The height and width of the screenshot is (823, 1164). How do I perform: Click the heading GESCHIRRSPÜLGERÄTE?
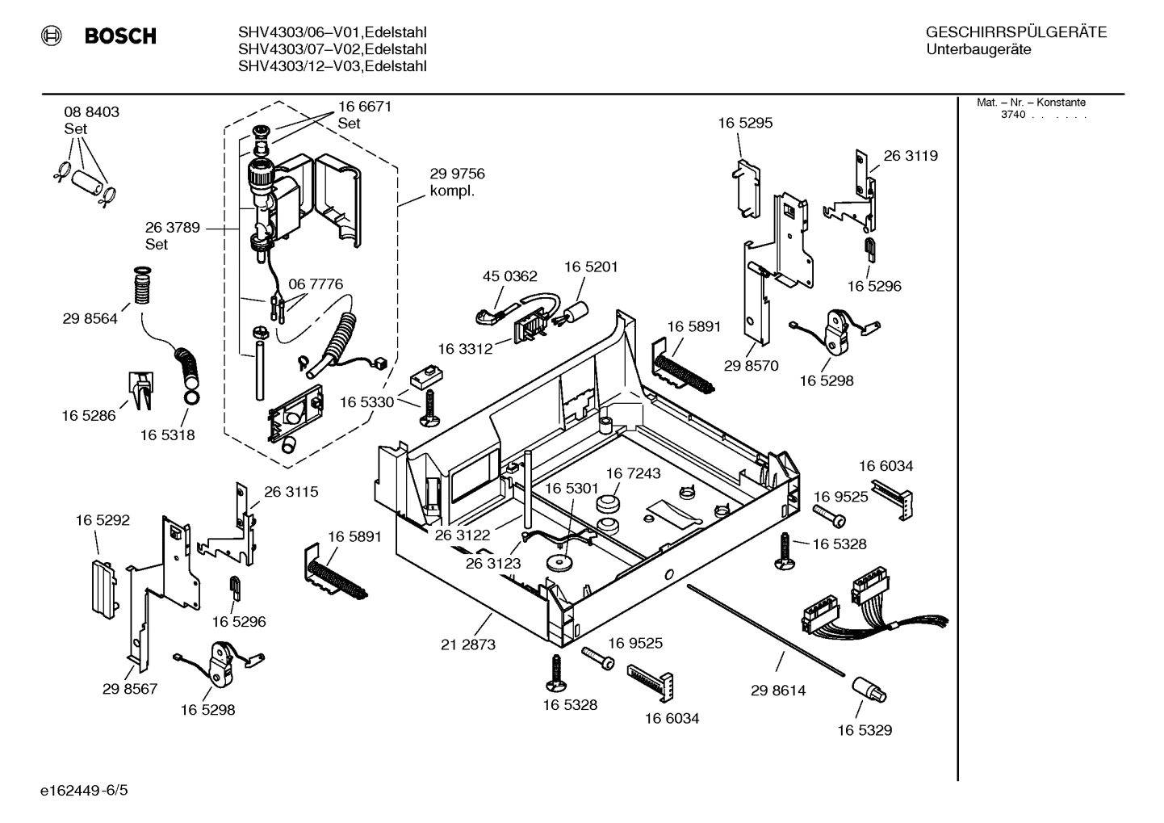(1015, 32)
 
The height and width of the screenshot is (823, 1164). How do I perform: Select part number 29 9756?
(457, 174)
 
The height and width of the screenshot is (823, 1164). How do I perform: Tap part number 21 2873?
(468, 645)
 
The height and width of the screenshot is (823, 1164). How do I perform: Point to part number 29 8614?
(778, 691)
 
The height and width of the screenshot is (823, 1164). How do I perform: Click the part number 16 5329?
(864, 730)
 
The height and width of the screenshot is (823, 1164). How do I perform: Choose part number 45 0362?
(509, 276)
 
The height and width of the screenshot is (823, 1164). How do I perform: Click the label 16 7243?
(633, 473)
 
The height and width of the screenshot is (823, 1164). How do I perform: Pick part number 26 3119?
(911, 156)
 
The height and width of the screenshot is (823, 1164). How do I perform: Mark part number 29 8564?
(90, 318)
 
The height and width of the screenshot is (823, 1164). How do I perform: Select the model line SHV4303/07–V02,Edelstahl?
(332, 49)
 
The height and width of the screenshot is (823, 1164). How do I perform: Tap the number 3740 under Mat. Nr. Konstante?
(1012, 115)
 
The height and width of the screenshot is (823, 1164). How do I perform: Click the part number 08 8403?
(91, 112)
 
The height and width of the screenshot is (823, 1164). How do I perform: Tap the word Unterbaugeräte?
(978, 49)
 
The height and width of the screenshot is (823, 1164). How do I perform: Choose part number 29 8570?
(751, 366)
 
